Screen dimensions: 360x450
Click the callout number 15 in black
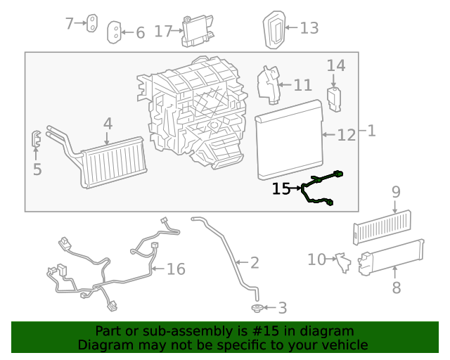(x=281, y=188)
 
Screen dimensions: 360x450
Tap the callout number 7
(x=70, y=24)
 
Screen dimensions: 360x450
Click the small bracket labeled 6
(x=113, y=32)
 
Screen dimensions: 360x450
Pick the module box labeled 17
(x=198, y=30)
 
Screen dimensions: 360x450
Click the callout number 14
(x=336, y=66)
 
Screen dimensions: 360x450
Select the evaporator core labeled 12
(x=288, y=140)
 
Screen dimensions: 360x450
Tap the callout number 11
(x=302, y=86)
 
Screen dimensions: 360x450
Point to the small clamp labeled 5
(x=35, y=139)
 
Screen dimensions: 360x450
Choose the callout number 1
(x=371, y=131)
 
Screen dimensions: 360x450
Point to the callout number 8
(x=396, y=288)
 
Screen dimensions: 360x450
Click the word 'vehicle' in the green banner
(x=342, y=345)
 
